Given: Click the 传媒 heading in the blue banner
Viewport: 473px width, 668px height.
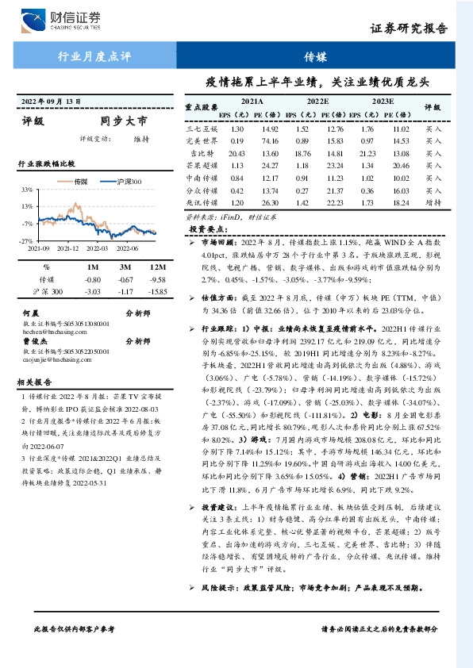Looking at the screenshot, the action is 314,57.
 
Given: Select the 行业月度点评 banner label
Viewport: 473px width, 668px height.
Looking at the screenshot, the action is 94,57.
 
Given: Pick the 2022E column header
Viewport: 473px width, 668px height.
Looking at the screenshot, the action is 317,102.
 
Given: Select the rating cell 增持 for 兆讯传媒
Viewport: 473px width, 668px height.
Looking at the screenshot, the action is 433,203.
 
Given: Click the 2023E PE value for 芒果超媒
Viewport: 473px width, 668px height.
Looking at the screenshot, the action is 402,166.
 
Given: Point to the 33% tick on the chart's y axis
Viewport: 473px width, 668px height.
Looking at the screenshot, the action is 26,190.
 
